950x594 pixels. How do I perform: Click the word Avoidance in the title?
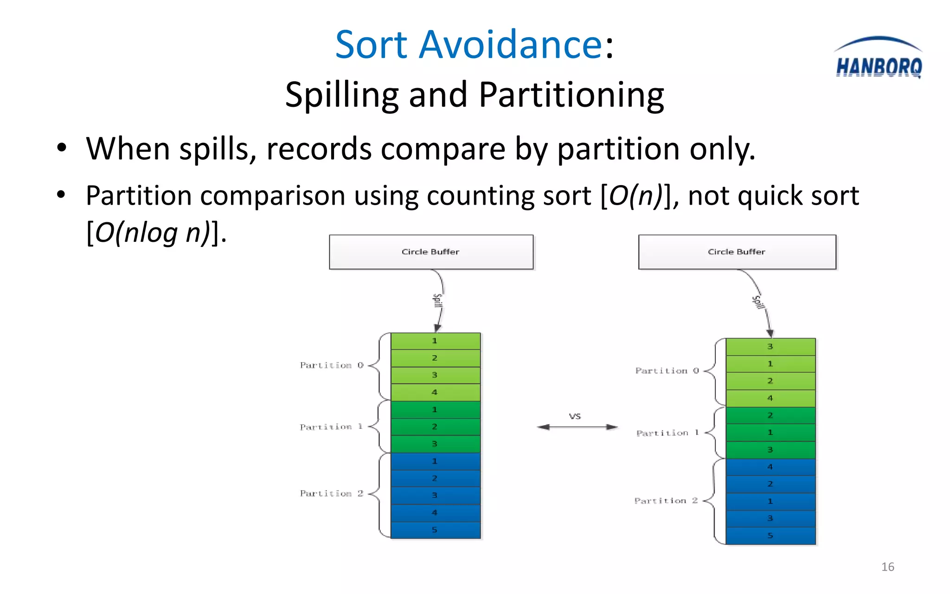[510, 45]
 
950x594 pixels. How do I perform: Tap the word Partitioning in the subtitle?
[571, 95]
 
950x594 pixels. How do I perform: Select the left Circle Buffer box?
[431, 252]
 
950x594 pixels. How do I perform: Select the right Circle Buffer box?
[737, 252]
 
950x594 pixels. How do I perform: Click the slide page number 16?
[887, 567]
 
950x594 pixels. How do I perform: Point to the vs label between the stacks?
[575, 416]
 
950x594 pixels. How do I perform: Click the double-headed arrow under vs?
[577, 427]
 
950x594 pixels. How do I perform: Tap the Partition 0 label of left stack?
[331, 365]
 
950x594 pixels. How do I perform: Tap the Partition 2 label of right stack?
[666, 501]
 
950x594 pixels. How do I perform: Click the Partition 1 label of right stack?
[667, 433]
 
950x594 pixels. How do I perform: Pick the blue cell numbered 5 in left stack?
[435, 530]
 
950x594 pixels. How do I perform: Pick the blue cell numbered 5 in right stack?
[770, 536]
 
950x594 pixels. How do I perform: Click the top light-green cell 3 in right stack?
[770, 347]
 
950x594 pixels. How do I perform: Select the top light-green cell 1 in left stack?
[435, 341]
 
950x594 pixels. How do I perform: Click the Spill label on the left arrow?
[437, 301]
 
